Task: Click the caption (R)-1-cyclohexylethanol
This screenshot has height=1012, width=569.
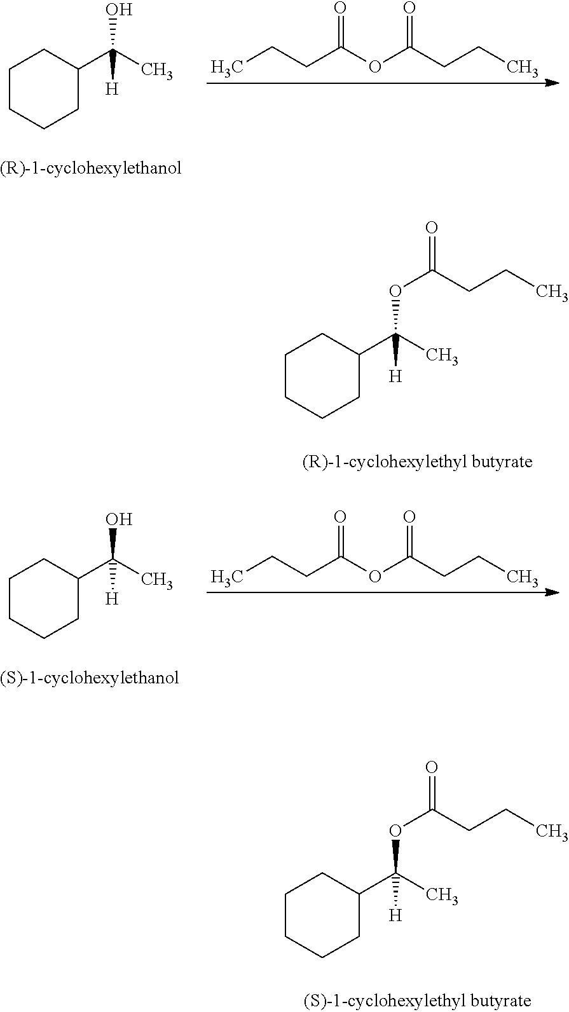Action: (x=91, y=168)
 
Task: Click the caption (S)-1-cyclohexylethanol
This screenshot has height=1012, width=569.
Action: (x=90, y=678)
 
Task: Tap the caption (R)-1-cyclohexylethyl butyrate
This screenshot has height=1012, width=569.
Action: (x=417, y=462)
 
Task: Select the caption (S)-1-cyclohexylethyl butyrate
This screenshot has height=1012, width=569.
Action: (x=416, y=1001)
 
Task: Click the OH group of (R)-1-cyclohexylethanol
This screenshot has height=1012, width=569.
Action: (x=119, y=10)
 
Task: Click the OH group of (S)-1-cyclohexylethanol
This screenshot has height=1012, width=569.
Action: (x=119, y=519)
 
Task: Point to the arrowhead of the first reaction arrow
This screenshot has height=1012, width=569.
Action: (x=552, y=83)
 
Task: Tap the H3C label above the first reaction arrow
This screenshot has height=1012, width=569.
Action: (x=226, y=68)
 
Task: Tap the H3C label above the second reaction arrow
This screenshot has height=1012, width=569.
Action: (x=226, y=577)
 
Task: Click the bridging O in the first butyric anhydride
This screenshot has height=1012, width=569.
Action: (x=374, y=67)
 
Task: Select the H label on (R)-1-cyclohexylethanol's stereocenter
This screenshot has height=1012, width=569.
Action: (x=112, y=89)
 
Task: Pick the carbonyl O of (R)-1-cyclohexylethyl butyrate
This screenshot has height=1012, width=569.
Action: (x=432, y=227)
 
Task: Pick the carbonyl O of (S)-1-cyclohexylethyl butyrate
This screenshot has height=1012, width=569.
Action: (x=432, y=767)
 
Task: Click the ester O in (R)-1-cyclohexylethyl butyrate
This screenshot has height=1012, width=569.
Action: (x=395, y=291)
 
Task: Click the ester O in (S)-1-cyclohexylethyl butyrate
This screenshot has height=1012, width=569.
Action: (x=395, y=831)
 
